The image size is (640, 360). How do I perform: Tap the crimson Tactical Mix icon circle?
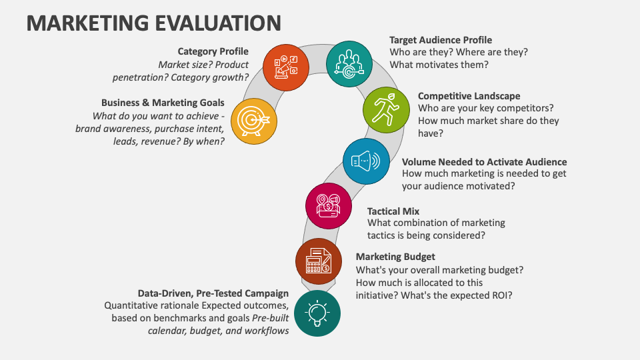(x=329, y=206)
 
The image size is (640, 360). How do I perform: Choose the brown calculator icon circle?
(x=319, y=260)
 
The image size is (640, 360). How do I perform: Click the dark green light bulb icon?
(x=317, y=313)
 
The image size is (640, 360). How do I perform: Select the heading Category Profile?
(x=213, y=51)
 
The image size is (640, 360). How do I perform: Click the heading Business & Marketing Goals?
(x=163, y=103)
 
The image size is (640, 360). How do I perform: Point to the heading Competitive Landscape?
(x=469, y=96)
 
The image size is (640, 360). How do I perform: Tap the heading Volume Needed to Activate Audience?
(x=484, y=161)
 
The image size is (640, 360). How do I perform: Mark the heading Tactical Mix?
(x=393, y=211)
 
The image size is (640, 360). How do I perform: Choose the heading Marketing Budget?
(x=395, y=257)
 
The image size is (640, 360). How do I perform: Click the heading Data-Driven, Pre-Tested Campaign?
(x=213, y=293)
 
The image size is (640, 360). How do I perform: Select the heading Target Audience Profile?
(x=441, y=40)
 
